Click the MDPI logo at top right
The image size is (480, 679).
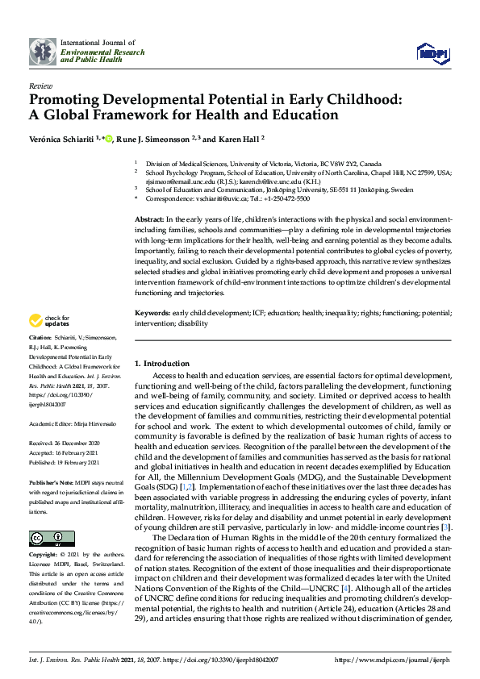432,52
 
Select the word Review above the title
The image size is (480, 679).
40,85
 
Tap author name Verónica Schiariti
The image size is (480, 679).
62,139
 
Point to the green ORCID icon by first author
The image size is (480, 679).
109,139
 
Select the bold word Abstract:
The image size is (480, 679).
149,219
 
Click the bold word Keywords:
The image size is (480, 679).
152,311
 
